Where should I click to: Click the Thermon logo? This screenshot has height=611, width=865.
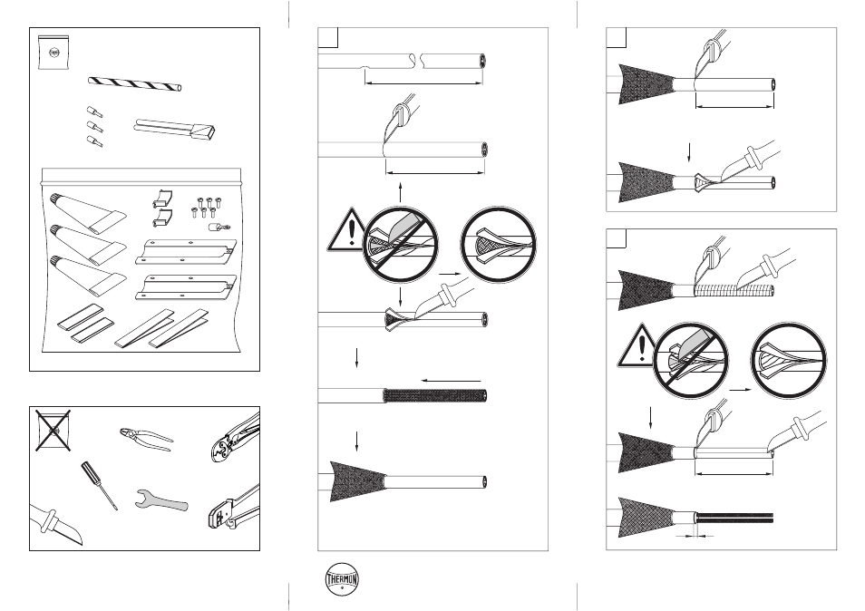[342, 579]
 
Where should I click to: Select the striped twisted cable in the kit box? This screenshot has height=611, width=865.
[134, 84]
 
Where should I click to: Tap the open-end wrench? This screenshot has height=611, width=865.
[161, 499]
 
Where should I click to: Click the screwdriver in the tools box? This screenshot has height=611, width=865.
[100, 485]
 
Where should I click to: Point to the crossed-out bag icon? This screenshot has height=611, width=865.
[53, 430]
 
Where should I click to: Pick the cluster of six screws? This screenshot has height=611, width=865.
[206, 206]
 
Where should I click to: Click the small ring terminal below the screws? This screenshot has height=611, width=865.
[219, 227]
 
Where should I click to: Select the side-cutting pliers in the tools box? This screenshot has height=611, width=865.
[146, 436]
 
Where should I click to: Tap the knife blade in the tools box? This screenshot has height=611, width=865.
[56, 524]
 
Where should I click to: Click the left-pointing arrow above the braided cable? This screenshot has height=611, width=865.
[451, 381]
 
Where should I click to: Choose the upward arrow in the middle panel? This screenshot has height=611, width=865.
[401, 193]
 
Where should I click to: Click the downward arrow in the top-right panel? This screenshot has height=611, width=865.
[689, 152]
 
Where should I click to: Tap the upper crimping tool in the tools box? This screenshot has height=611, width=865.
[235, 437]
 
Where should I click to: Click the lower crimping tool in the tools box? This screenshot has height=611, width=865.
[234, 508]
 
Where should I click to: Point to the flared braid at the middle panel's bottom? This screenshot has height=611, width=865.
[357, 480]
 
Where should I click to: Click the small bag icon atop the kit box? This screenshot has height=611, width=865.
[53, 53]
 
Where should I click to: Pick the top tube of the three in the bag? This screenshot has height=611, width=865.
[87, 211]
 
